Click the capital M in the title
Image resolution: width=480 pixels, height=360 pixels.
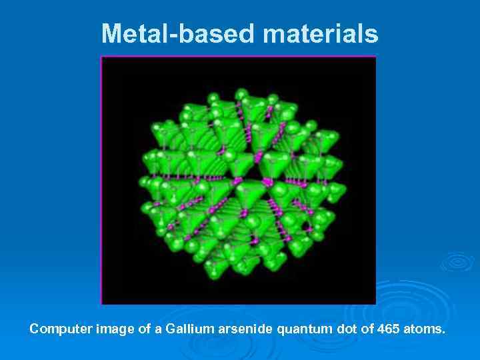click(112, 33)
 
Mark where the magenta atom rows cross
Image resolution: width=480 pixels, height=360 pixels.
click(268, 182)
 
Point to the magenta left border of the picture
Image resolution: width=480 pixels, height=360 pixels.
click(101, 180)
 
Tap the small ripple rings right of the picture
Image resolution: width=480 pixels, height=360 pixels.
click(457, 261)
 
